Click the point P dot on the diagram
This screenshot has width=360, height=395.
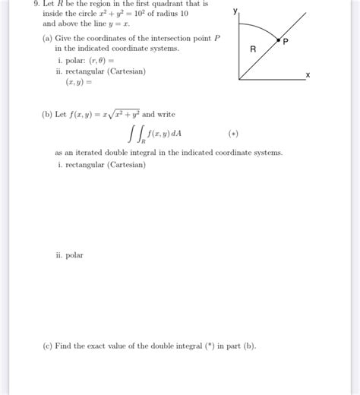[279, 39]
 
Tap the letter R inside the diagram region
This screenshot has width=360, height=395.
[253, 50]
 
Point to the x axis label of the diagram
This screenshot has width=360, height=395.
[308, 75]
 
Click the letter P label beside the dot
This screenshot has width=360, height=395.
[286, 43]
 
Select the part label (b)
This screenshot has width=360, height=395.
[48, 115]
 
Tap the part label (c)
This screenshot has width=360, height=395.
[48, 346]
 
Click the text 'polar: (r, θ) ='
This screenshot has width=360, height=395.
[89, 59]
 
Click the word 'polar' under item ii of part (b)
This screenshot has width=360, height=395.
[74, 255]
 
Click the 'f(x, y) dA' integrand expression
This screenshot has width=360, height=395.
[165, 134]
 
